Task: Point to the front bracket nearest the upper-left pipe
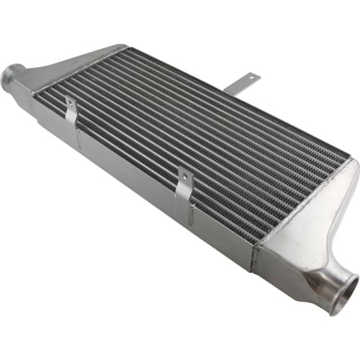(x=71, y=115)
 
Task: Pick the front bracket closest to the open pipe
(x=185, y=189)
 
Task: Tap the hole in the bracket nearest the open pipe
(x=184, y=179)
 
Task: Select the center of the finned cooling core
(x=194, y=133)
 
